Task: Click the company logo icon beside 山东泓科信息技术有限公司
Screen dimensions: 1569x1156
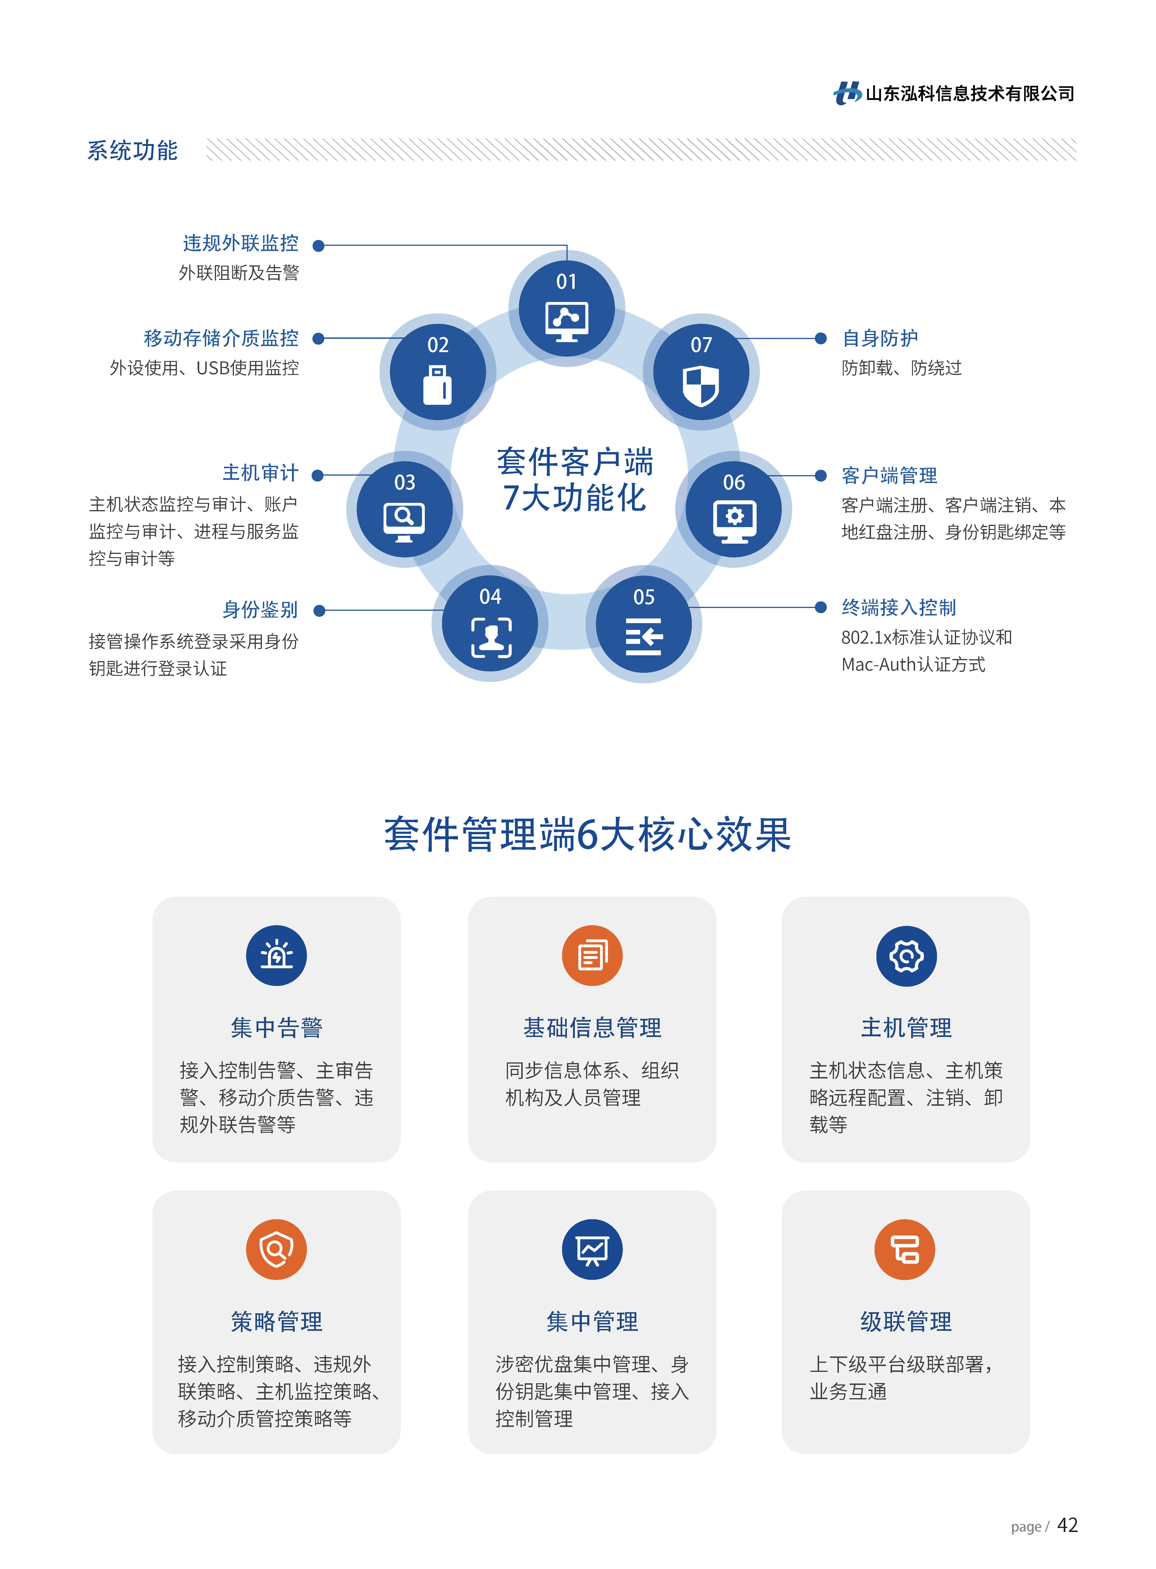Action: tap(847, 93)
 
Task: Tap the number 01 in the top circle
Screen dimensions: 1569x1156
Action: tap(566, 282)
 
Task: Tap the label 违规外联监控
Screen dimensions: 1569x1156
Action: tap(241, 244)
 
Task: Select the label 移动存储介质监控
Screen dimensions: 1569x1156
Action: tap(221, 339)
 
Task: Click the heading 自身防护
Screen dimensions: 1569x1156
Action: tap(880, 339)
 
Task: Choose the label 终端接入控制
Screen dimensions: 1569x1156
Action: tap(899, 608)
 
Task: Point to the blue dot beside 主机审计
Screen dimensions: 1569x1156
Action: tap(318, 476)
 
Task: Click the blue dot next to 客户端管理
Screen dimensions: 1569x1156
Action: tap(821, 476)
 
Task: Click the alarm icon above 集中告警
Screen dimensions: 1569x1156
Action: tap(276, 956)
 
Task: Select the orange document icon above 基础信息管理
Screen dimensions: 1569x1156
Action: tap(592, 956)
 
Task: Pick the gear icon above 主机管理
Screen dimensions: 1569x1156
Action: tap(906, 956)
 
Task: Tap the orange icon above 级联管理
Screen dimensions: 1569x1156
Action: tap(905, 1250)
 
